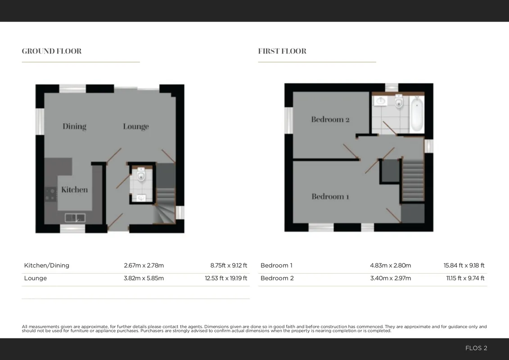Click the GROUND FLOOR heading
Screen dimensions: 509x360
(52, 51)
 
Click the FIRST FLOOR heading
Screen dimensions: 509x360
(282, 51)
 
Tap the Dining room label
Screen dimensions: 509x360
(74, 126)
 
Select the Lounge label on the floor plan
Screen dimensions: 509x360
(136, 126)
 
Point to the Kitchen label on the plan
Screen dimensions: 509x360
(74, 189)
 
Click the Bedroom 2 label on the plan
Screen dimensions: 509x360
(330, 119)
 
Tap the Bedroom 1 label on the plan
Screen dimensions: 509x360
(330, 196)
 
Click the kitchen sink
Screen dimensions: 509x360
(75, 217)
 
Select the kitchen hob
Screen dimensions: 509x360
(51, 194)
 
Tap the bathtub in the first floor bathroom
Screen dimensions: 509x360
(417, 114)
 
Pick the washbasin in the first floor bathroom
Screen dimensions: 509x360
(380, 101)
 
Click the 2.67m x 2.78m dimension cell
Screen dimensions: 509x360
(144, 265)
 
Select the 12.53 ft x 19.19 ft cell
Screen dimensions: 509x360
(226, 278)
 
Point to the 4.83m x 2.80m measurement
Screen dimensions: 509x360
(391, 265)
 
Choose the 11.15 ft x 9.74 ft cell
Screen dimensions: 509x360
(465, 278)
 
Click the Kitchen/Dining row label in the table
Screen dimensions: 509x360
(47, 265)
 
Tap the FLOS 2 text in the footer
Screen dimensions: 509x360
(476, 348)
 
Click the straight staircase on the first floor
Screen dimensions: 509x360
(413, 179)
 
